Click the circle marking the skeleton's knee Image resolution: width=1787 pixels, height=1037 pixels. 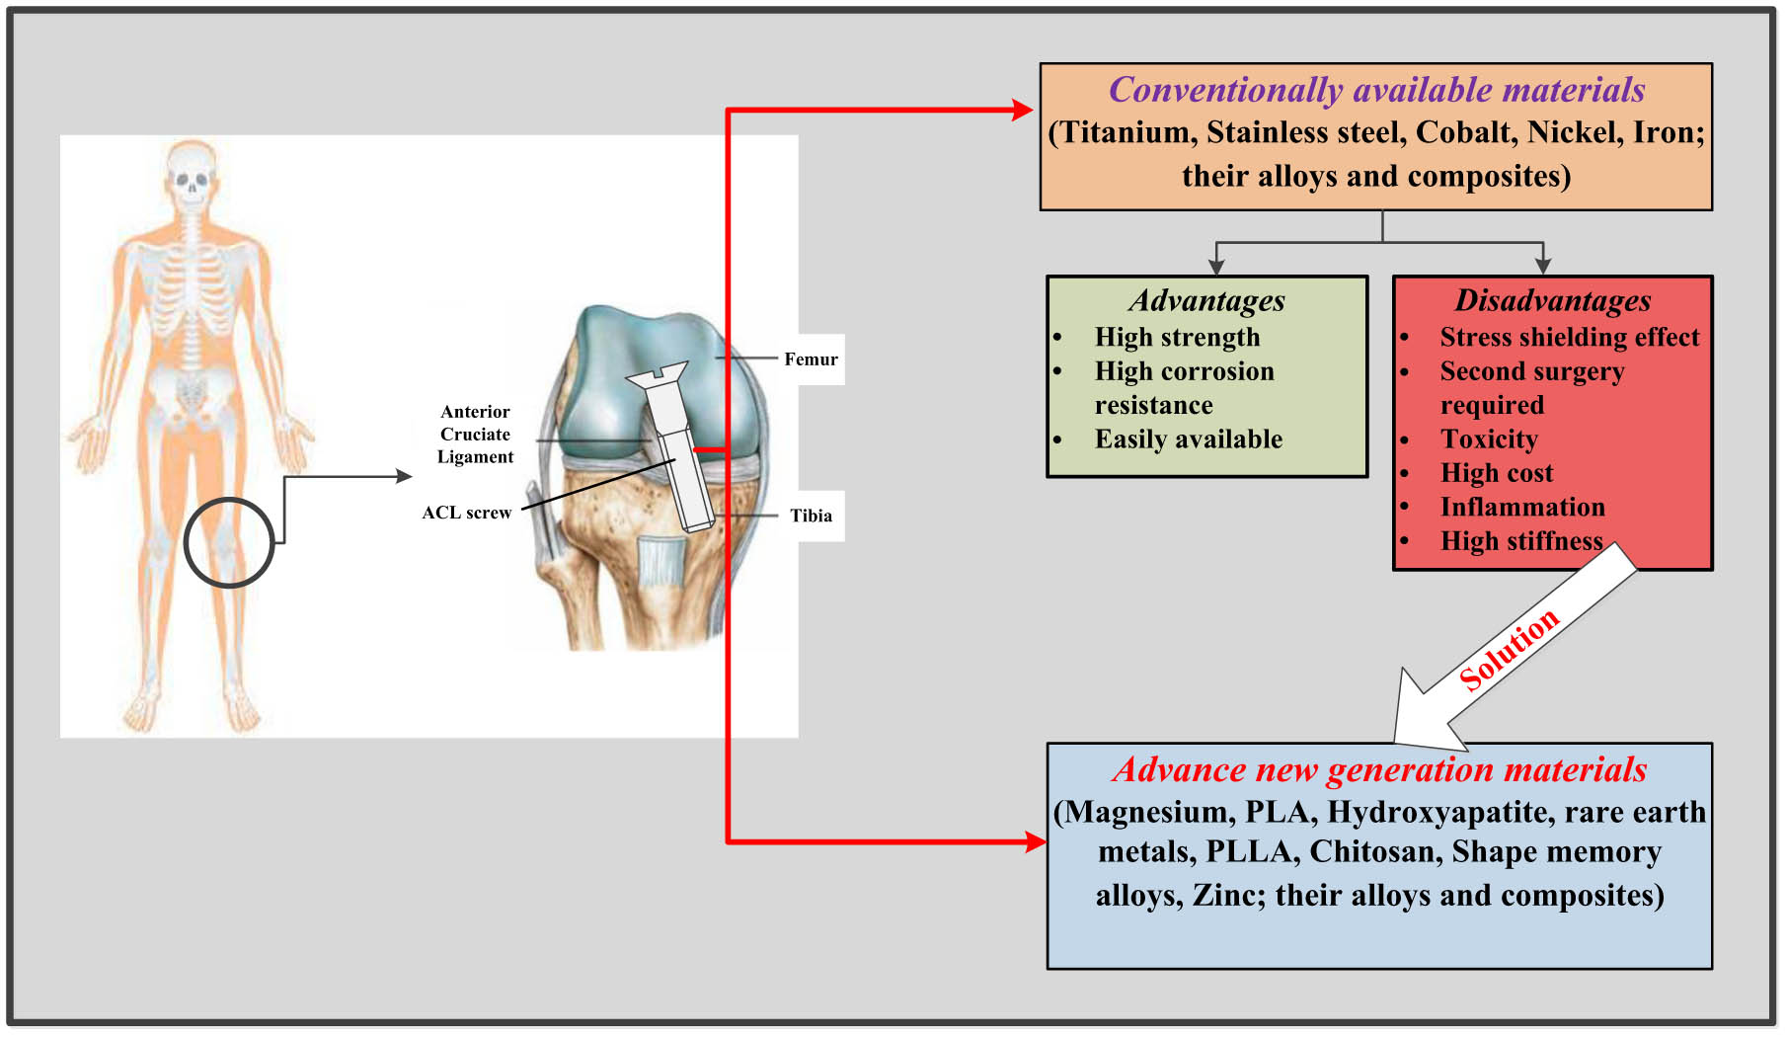pos(228,542)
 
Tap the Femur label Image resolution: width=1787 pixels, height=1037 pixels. pos(811,359)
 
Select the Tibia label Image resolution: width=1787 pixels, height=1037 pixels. pos(811,516)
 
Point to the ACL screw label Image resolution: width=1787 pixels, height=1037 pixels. pos(466,513)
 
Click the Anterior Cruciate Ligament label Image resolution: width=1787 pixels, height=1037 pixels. pos(475,435)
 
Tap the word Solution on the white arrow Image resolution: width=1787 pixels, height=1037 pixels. pos(1509,649)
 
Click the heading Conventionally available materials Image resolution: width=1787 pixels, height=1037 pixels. pos(1376,90)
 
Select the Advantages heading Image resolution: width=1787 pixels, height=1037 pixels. pos(1206,300)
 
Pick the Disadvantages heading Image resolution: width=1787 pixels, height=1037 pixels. pos(1552,300)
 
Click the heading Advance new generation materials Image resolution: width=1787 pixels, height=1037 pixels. pos(1379,769)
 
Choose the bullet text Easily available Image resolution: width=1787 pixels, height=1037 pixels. pos(1188,439)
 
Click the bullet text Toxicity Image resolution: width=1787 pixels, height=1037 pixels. pos(1489,439)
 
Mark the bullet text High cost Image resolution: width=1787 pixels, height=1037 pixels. pos(1497,473)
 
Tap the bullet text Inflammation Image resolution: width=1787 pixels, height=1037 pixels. pos(1522,508)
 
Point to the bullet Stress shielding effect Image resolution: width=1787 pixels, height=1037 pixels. pos(1570,338)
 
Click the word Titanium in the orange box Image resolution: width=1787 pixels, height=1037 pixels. pos(1125,133)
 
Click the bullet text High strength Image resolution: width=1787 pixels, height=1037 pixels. pos(1177,338)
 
